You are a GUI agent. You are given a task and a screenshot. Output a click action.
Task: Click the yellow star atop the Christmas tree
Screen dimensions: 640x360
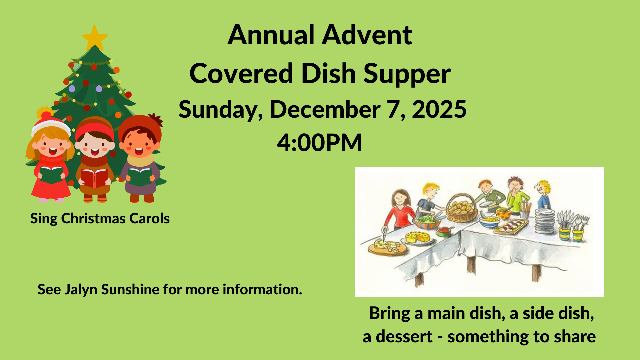coord(95,37)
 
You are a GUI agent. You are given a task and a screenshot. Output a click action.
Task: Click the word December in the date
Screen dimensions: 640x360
coord(325,109)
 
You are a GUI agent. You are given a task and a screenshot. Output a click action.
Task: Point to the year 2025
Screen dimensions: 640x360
coord(439,109)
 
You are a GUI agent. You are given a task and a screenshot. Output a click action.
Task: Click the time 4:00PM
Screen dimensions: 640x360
coord(319,143)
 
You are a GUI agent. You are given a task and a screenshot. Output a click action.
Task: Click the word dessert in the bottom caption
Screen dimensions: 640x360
coord(404,337)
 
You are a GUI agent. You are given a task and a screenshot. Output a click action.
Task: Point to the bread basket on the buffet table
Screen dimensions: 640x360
coord(462,209)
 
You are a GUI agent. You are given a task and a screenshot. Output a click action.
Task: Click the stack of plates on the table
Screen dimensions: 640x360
coord(545,221)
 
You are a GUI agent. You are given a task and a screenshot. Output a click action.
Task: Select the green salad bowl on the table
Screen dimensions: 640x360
coord(426,222)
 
